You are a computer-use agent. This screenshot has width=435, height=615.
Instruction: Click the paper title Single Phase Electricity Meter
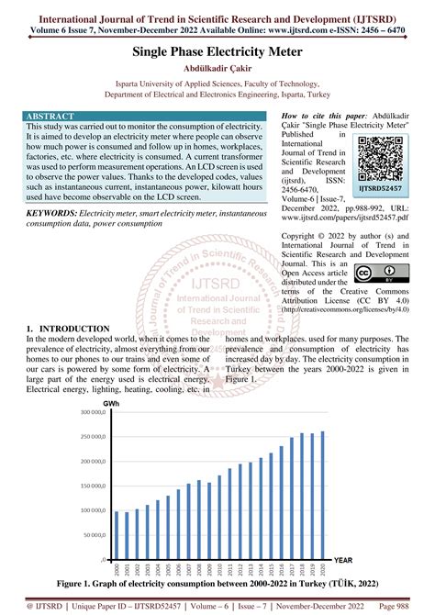coord(217,54)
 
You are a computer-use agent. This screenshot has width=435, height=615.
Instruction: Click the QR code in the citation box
coord(380,153)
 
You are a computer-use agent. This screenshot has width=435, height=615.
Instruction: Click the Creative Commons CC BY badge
coord(376,274)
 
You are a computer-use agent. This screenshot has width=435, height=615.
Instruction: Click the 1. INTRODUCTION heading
coord(70,329)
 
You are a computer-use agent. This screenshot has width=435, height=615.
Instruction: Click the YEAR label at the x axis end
coord(343,560)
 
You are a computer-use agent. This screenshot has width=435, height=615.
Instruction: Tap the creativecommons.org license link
coord(344,309)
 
